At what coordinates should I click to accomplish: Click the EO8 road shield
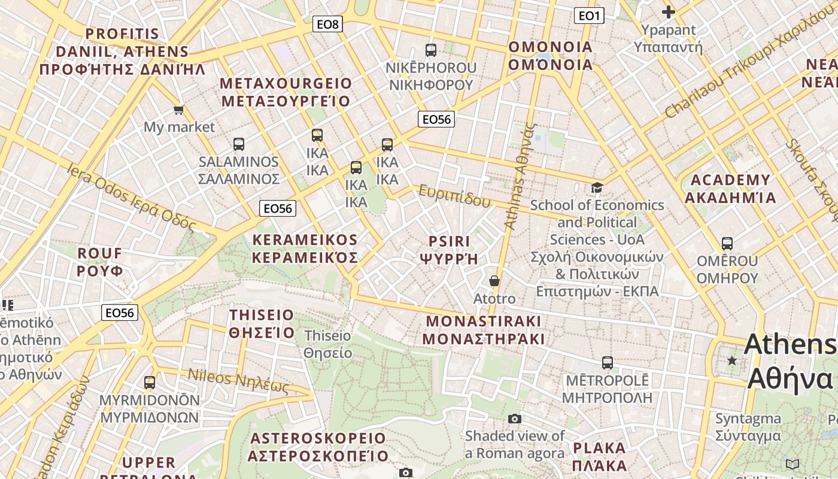click(x=327, y=24)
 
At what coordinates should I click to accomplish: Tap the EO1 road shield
click(x=589, y=16)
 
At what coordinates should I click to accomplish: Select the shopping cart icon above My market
click(x=178, y=110)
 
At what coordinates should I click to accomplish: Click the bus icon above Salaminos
click(x=239, y=144)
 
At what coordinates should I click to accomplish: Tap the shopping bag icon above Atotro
click(x=494, y=281)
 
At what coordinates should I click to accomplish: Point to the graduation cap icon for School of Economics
click(x=597, y=188)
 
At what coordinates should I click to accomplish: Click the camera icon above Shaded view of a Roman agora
click(x=515, y=419)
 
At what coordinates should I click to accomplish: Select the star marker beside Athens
click(x=731, y=360)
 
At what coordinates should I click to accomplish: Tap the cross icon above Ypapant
click(x=669, y=11)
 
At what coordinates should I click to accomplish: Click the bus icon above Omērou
click(x=727, y=244)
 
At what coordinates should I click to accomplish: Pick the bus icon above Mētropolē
click(x=608, y=363)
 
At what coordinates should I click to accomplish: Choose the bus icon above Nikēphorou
click(x=431, y=50)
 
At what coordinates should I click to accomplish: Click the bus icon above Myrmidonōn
click(x=150, y=382)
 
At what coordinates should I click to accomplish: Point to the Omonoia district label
click(x=550, y=56)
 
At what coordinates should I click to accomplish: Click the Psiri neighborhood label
click(x=450, y=250)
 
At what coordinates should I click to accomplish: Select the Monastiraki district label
click(x=484, y=330)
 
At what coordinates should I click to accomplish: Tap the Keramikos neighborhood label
click(x=305, y=248)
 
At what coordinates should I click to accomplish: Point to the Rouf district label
click(x=100, y=262)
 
